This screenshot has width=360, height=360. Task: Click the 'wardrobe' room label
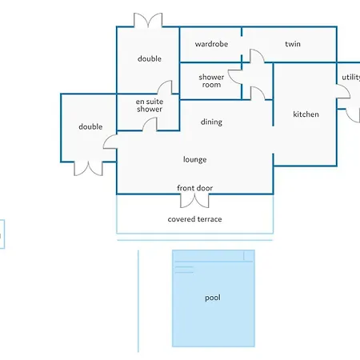pyautogui.click(x=211, y=44)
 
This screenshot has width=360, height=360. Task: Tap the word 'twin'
pyautogui.click(x=293, y=44)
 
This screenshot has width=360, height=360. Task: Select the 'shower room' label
pyautogui.click(x=211, y=81)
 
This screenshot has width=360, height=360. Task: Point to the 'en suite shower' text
pyautogui.click(x=150, y=106)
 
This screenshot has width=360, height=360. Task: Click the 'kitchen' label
pyautogui.click(x=306, y=114)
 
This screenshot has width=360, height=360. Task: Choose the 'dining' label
pyautogui.click(x=211, y=122)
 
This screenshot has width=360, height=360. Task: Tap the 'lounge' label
pyautogui.click(x=194, y=159)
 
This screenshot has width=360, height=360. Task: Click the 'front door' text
pyautogui.click(x=194, y=188)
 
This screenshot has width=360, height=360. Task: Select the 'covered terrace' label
pyautogui.click(x=194, y=219)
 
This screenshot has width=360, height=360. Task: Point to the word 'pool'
pyautogui.click(x=213, y=298)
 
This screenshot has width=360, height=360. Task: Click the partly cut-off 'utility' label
pyautogui.click(x=351, y=78)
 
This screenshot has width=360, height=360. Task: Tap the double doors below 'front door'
pyautogui.click(x=194, y=201)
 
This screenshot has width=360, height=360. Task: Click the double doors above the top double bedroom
pyautogui.click(x=148, y=20)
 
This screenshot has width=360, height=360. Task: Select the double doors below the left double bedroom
pyautogui.click(x=88, y=169)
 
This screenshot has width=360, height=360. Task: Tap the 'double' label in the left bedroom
pyautogui.click(x=90, y=126)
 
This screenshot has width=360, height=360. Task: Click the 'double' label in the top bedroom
pyautogui.click(x=150, y=58)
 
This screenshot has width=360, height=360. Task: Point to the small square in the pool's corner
pyautogui.click(x=249, y=255)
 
